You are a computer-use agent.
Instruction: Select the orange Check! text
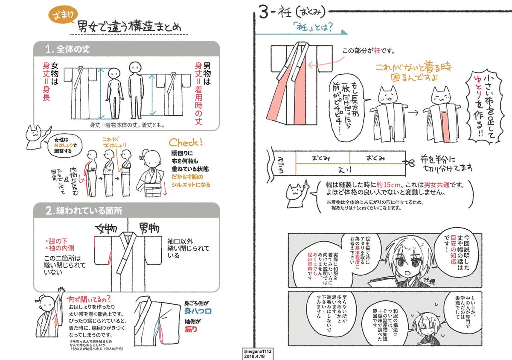pyautogui.click(x=186, y=142)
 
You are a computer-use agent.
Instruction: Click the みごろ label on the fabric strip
pyautogui.click(x=280, y=163)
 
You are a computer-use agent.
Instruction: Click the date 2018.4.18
pyautogui.click(x=253, y=355)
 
